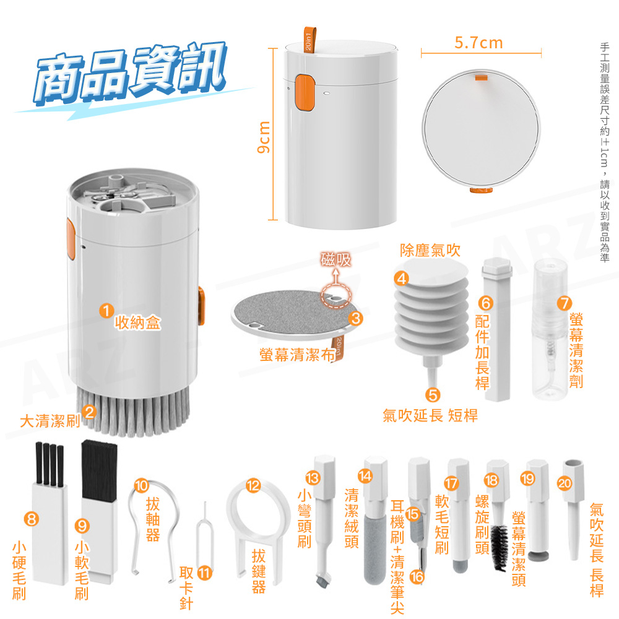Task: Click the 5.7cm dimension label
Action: click(x=478, y=43)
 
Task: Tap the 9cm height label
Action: click(x=263, y=137)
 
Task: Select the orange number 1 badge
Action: click(x=106, y=311)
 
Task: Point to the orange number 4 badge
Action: click(x=402, y=279)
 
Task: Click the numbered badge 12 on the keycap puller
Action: click(x=253, y=485)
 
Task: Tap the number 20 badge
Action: click(x=565, y=483)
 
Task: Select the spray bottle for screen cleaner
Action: click(x=550, y=329)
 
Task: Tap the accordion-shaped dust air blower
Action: click(x=431, y=308)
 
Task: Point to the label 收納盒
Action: click(x=138, y=322)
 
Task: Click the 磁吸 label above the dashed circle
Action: click(x=335, y=260)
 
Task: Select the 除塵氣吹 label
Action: click(x=430, y=250)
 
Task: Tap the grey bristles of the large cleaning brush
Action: click(x=132, y=412)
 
